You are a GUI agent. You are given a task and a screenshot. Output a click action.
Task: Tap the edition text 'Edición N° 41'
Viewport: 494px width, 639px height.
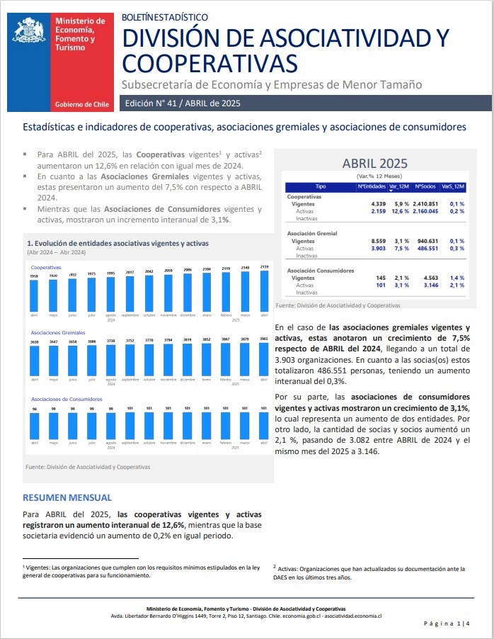pos(154,103)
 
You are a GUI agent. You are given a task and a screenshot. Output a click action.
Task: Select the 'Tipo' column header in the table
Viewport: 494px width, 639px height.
pos(321,186)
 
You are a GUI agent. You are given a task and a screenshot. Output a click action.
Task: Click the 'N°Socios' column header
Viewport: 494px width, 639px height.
pos(425,186)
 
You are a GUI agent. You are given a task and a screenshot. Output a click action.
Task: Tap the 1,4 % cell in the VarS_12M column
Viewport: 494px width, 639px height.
pos(456,278)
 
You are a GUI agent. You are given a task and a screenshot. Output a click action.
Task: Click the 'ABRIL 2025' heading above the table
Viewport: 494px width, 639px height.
pos(374,164)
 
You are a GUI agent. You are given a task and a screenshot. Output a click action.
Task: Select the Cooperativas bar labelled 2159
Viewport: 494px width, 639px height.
pos(264,290)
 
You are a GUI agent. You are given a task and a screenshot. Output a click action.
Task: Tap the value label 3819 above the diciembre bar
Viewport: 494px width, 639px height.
pos(188,340)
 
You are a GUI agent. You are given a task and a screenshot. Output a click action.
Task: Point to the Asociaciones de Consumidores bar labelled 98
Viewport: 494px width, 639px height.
pos(34,426)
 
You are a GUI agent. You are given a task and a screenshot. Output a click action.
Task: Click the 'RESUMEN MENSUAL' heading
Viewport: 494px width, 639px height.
pos(67,497)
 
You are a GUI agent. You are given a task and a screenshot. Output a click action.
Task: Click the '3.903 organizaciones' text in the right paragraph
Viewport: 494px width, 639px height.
pos(315,360)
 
